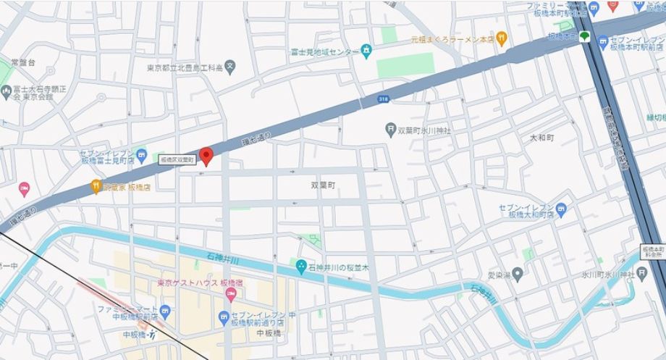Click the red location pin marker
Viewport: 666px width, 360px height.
coord(206,155)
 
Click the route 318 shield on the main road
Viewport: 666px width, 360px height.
coord(382,98)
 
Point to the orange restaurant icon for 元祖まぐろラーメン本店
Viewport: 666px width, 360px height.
coord(502,37)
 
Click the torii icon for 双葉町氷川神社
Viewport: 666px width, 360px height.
coord(391,130)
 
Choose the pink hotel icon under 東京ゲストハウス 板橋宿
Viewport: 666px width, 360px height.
coord(231,294)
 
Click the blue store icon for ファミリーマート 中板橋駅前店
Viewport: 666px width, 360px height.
coord(165,312)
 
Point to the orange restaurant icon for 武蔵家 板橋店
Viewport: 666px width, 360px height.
coord(96,188)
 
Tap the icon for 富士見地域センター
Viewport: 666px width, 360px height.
coord(366,51)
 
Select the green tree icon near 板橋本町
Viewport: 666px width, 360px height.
coord(583,36)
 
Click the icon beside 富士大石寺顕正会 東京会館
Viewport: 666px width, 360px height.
coord(7,92)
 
